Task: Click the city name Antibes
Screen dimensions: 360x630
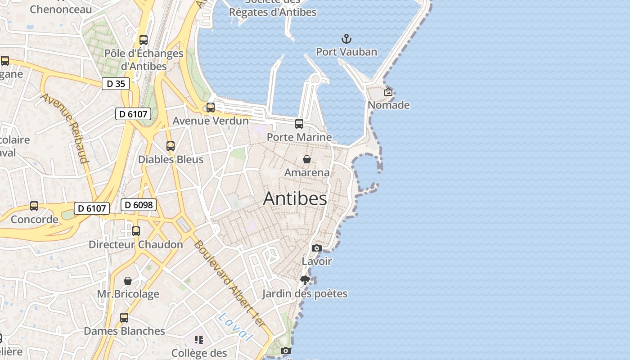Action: (295, 198)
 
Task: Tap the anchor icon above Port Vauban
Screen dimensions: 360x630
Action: (346, 39)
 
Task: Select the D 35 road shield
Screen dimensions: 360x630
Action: (116, 83)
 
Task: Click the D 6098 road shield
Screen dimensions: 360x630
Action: (139, 205)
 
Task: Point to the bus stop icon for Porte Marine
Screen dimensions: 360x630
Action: (299, 123)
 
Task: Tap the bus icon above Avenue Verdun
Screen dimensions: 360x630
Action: (210, 108)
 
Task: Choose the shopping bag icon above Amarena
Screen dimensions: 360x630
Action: (306, 159)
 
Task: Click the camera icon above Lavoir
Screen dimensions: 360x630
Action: (316, 248)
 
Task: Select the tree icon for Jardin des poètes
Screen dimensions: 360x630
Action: (305, 280)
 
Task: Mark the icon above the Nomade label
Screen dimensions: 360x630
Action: (388, 92)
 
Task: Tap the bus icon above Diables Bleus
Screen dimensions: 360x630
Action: (170, 146)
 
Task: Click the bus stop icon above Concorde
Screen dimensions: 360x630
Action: (34, 206)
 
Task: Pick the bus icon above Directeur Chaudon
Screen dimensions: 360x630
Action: (135, 231)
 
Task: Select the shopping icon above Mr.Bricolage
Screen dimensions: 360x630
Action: (128, 281)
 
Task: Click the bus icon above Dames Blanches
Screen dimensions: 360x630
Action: (124, 318)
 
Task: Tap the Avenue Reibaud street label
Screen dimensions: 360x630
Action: (66, 128)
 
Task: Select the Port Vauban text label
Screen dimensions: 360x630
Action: (346, 52)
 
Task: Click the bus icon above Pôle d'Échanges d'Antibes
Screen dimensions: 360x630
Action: (144, 40)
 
